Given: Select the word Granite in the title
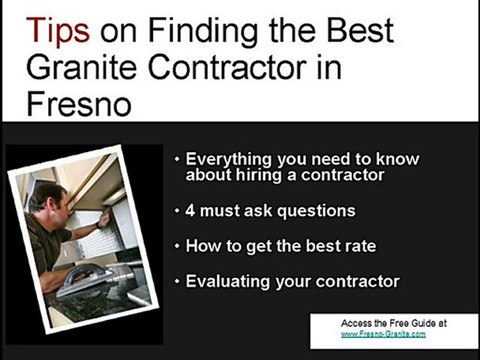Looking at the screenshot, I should pyautogui.click(x=69, y=65).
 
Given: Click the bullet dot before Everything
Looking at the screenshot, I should pyautogui.click(x=178, y=160).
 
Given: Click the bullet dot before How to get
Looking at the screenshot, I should pyautogui.click(x=178, y=245).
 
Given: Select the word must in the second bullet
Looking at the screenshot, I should pyautogui.click(x=222, y=211).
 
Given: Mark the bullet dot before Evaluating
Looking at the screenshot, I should pyautogui.click(x=178, y=281).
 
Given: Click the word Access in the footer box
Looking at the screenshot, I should pyautogui.click(x=357, y=322).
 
